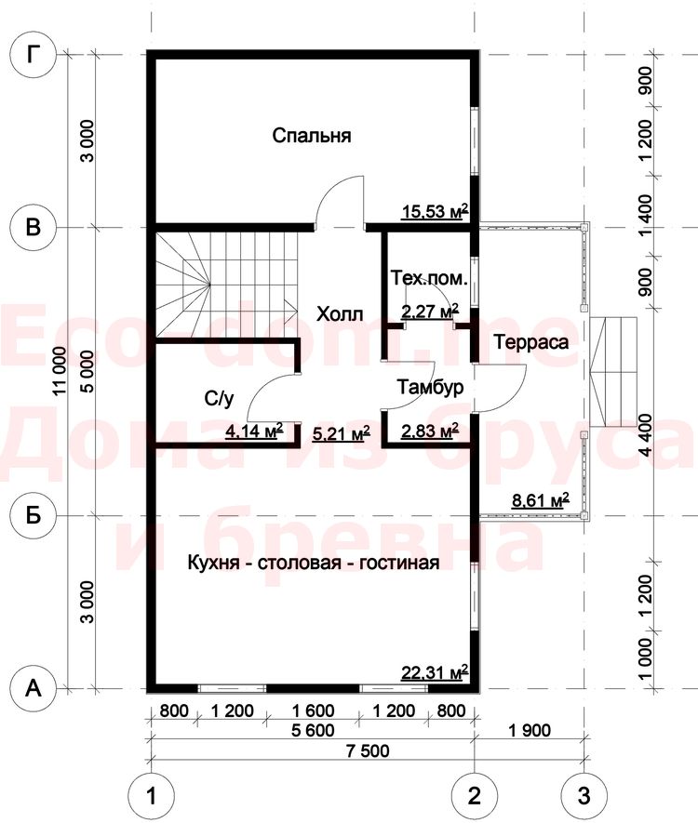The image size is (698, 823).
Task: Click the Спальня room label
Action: (x=312, y=136)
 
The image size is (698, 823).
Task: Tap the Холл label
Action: (x=340, y=314)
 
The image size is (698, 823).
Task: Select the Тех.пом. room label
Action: (x=429, y=278)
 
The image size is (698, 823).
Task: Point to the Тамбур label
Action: (x=430, y=388)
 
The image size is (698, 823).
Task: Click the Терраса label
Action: (x=531, y=342)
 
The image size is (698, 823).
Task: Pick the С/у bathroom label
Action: (x=219, y=400)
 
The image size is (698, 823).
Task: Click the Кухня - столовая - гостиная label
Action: (x=314, y=563)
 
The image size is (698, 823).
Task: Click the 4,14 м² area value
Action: (x=254, y=431)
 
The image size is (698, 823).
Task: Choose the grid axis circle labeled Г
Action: (x=34, y=55)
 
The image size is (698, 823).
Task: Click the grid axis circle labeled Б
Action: (x=34, y=515)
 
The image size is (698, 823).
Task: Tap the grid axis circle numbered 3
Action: (x=584, y=796)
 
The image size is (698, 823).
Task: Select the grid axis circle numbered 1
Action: (x=152, y=796)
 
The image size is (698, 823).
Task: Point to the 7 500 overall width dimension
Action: (x=368, y=751)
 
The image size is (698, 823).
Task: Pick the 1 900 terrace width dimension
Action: (x=530, y=730)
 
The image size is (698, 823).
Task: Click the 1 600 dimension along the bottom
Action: (x=313, y=710)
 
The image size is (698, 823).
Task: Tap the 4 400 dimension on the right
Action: (x=645, y=435)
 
